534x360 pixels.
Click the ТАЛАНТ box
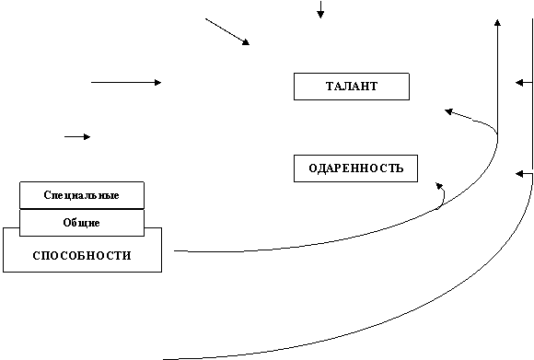[352, 87]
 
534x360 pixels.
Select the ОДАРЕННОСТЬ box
[355, 168]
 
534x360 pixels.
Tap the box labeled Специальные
[82, 195]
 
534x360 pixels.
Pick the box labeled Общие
[82, 223]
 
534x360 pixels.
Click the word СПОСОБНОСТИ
[82, 256]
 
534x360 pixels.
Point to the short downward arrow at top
[320, 9]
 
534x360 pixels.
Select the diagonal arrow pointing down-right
[227, 31]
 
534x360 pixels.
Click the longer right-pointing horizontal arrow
[126, 83]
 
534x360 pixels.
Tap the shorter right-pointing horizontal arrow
[77, 137]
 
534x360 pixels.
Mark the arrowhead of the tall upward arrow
[497, 22]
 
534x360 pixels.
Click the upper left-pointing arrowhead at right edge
[519, 83]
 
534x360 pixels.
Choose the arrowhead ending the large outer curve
[519, 174]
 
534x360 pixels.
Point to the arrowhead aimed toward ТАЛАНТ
[449, 111]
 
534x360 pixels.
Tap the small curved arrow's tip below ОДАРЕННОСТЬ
[439, 186]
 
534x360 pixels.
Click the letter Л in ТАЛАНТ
[344, 87]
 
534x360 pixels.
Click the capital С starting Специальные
[47, 195]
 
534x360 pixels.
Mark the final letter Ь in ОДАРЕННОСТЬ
[400, 168]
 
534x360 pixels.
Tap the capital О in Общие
[66, 223]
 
